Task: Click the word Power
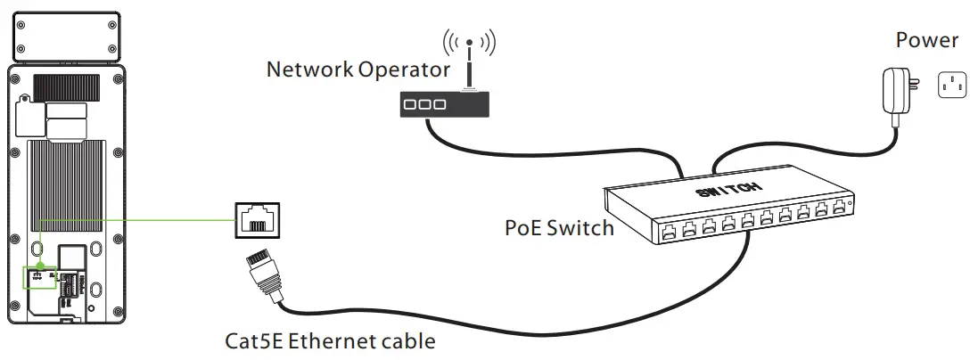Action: pos(926,40)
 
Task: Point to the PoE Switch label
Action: pos(559,228)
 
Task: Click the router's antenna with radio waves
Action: pos(469,49)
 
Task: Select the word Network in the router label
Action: pos(308,70)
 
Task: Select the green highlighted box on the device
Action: pos(39,277)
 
